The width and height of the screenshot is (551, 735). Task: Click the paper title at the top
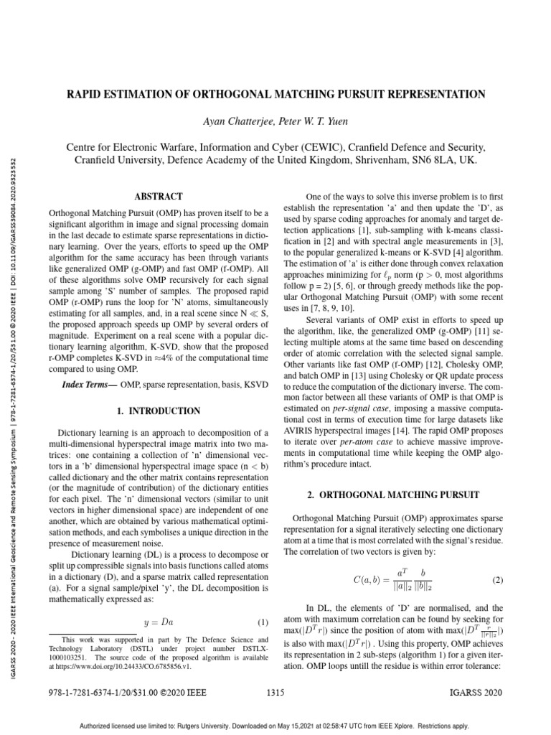[275, 95]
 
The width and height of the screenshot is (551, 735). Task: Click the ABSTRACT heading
[159, 196]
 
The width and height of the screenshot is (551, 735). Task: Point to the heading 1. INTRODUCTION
[159, 411]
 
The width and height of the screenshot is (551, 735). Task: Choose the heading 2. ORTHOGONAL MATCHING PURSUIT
[392, 496]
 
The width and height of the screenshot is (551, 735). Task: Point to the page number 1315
[275, 693]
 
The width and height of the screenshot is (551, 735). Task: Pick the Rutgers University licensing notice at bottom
[275, 724]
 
